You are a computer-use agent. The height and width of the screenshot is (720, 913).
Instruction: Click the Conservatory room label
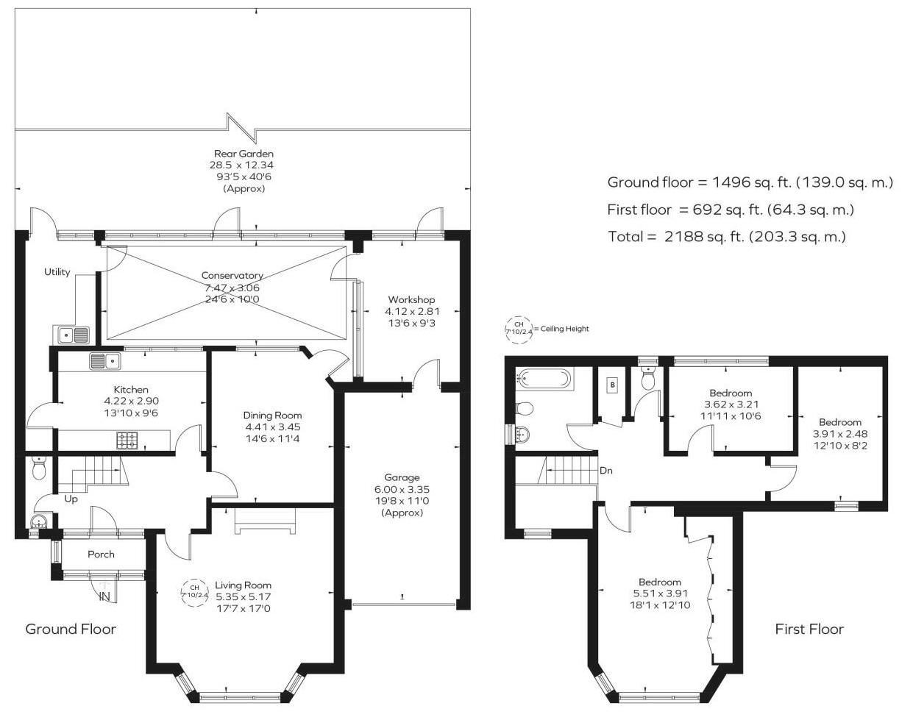point(232,276)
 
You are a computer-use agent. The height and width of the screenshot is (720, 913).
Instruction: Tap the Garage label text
point(402,477)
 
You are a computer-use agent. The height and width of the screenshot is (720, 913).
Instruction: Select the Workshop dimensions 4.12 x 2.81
point(411,311)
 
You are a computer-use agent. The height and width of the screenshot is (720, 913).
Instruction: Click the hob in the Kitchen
point(127,440)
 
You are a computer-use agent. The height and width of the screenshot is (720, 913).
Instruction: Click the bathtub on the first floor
point(544,379)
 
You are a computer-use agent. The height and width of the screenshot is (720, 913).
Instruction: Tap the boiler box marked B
point(611,384)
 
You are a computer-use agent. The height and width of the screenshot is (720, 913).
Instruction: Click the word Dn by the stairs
point(606,471)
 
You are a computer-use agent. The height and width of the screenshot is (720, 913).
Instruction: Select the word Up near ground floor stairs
point(71,499)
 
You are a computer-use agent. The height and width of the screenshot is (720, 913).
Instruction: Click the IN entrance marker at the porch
point(104,596)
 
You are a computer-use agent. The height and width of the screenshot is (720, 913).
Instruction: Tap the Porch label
point(101,554)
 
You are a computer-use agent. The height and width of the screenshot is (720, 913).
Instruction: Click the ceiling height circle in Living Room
point(195,591)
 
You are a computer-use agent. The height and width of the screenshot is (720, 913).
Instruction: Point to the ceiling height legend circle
point(518,329)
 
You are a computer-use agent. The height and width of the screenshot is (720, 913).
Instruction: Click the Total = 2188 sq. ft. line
point(727,237)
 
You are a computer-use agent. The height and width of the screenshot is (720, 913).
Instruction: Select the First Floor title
point(809,629)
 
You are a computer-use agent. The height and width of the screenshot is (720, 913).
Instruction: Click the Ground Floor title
point(71,629)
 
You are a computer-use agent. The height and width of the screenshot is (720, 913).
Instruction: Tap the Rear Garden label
point(244,154)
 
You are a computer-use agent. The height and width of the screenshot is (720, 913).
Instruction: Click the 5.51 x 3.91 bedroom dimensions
point(660,594)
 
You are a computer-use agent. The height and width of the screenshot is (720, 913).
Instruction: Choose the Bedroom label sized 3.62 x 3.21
point(731,393)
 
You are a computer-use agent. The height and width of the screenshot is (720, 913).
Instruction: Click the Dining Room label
point(272,416)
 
